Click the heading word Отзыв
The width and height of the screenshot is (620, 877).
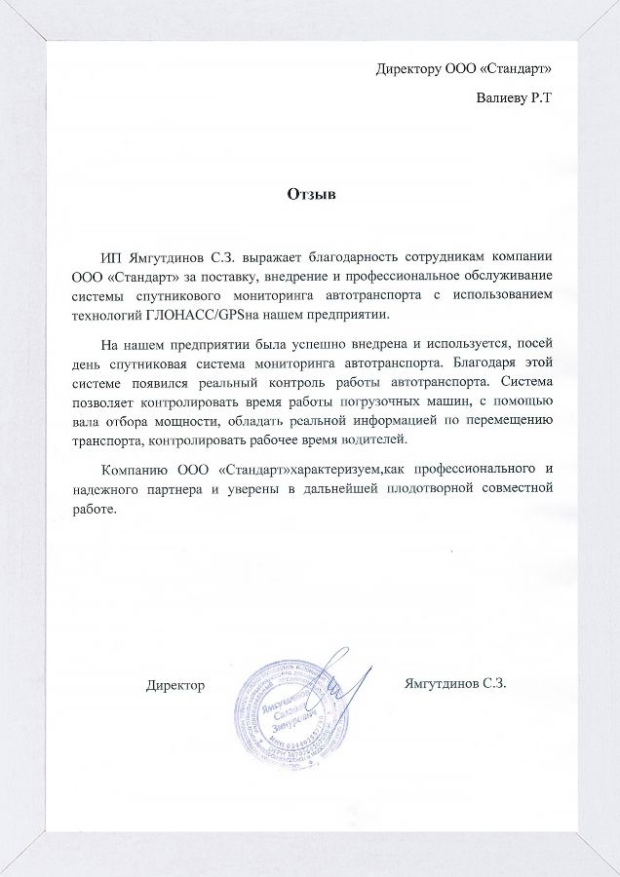pos(311,195)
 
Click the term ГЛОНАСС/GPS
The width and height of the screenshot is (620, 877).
pos(200,316)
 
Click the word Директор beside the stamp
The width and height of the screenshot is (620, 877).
pos(175,685)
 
